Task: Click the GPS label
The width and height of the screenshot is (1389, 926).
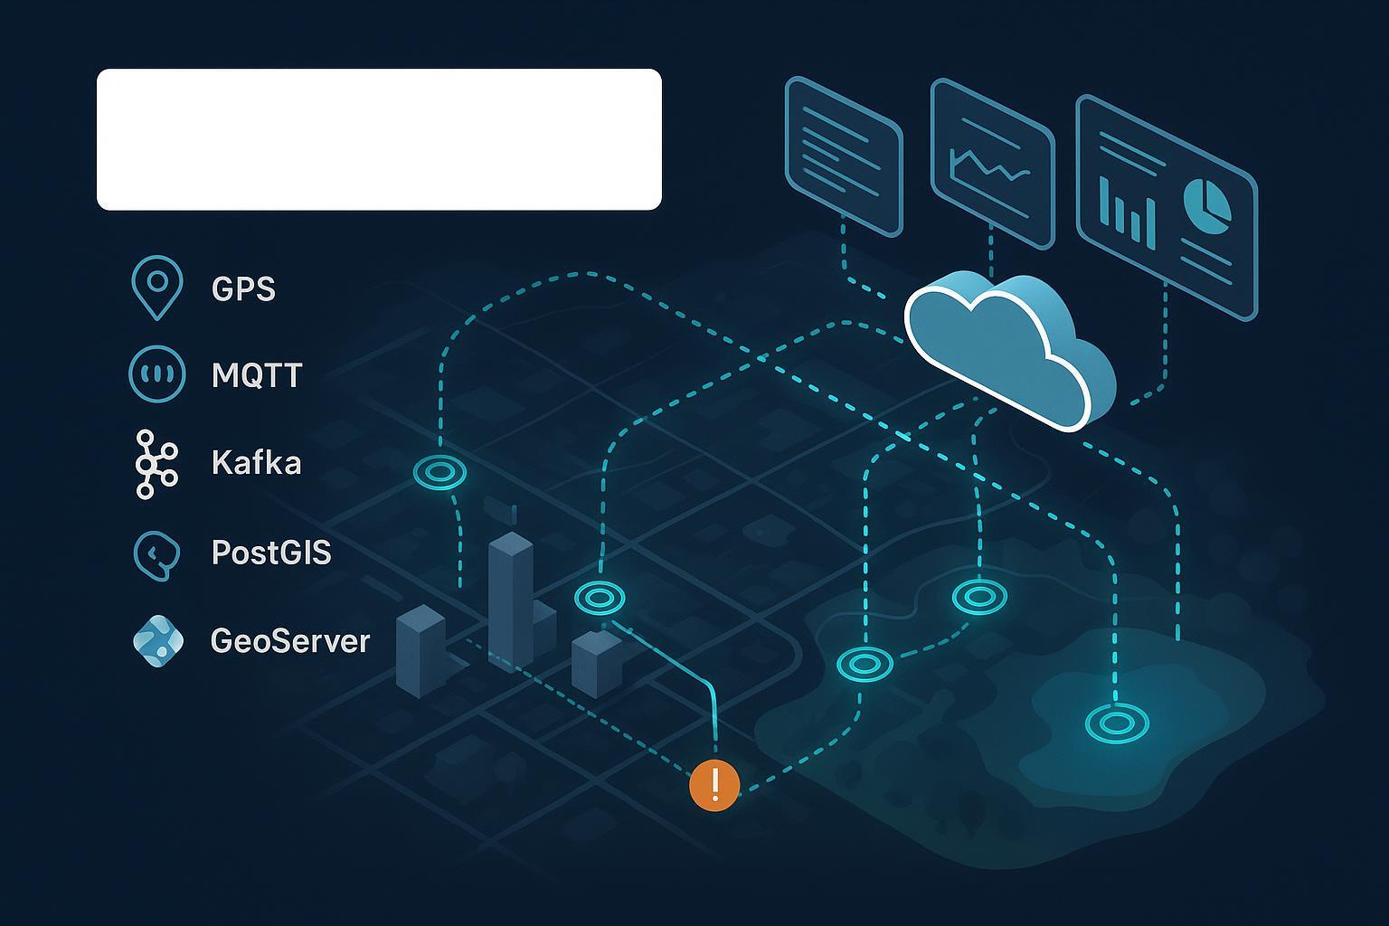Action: [242, 288]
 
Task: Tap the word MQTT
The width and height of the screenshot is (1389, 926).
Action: [256, 375]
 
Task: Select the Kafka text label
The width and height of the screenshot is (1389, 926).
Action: [256, 463]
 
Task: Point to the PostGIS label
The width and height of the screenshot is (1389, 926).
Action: [270, 552]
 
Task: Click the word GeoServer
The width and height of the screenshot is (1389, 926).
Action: [289, 641]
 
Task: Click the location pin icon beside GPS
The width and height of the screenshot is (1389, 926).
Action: [156, 285]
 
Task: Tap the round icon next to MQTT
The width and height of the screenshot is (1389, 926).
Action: [156, 373]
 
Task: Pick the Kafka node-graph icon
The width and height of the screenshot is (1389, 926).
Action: [156, 464]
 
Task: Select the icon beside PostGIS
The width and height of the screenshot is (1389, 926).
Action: [156, 553]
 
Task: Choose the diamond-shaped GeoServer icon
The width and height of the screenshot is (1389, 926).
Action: [157, 641]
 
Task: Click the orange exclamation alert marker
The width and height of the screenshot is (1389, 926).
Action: [714, 785]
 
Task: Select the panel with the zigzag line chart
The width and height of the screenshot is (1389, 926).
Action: [992, 163]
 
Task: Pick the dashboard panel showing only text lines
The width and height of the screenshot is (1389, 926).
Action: [844, 155]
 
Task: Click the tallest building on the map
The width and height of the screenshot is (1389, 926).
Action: [510, 597]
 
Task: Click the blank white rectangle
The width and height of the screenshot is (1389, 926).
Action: [379, 139]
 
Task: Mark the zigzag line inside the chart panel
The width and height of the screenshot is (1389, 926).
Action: [989, 166]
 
